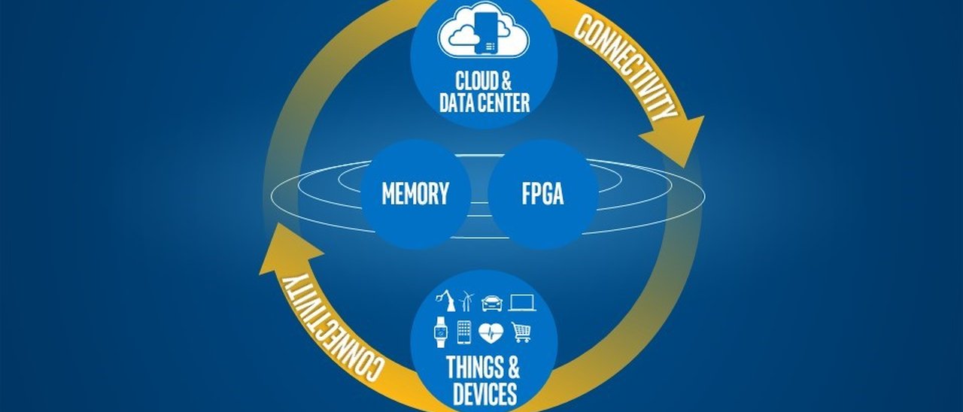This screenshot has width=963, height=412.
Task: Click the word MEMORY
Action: [415, 194]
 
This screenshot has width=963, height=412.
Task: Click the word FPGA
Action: [542, 194]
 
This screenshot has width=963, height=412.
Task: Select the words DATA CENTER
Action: [485, 102]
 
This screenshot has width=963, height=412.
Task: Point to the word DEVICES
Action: [485, 393]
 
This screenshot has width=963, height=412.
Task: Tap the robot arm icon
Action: [445, 301]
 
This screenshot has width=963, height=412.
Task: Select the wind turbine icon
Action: [467, 301]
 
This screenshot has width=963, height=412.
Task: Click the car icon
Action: [492, 302]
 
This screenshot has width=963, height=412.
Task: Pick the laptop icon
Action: [522, 302]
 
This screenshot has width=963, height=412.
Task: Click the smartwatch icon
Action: [440, 332]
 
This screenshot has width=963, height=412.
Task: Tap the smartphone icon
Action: [464, 332]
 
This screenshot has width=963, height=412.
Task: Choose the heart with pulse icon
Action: [491, 332]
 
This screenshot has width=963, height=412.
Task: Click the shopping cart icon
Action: [521, 332]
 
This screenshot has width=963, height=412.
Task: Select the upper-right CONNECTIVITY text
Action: [626, 68]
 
